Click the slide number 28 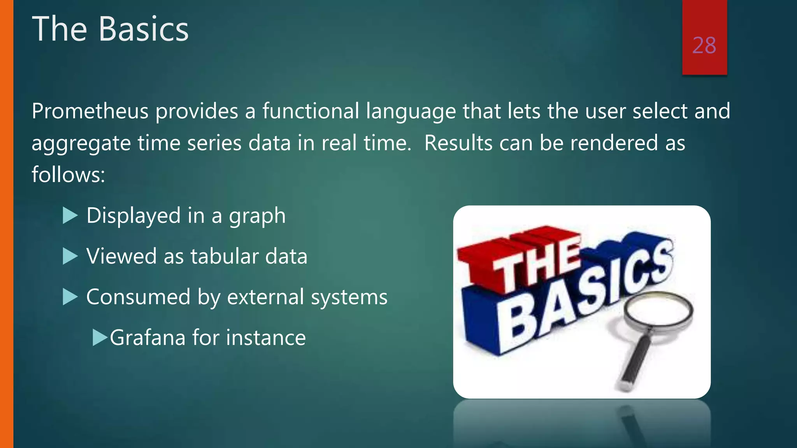coord(704,45)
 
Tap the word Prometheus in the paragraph coord(90,111)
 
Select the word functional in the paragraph coord(310,111)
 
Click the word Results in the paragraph coord(458,143)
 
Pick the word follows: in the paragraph coord(68,175)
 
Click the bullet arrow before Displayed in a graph coord(70,215)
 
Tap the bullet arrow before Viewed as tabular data coord(70,256)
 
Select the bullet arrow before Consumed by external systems coord(70,297)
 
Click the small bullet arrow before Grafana coord(100,338)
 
